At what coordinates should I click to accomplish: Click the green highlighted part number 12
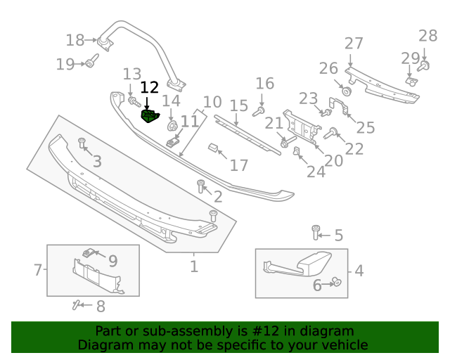(x=150, y=116)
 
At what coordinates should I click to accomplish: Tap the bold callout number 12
(x=150, y=88)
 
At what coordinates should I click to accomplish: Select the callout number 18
(x=75, y=40)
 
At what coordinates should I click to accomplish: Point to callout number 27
(x=354, y=44)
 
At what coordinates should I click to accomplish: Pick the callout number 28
(x=427, y=36)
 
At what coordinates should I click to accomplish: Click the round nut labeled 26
(x=346, y=91)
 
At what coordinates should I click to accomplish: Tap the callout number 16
(x=264, y=84)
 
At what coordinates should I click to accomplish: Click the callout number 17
(x=240, y=166)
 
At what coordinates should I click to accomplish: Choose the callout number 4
(x=359, y=271)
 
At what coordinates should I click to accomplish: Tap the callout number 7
(x=38, y=269)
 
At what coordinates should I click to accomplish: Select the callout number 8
(x=101, y=307)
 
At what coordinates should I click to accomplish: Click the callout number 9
(x=112, y=261)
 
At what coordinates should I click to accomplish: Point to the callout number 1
(x=194, y=266)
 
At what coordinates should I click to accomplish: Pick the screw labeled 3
(x=82, y=143)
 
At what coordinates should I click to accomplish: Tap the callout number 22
(x=354, y=148)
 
